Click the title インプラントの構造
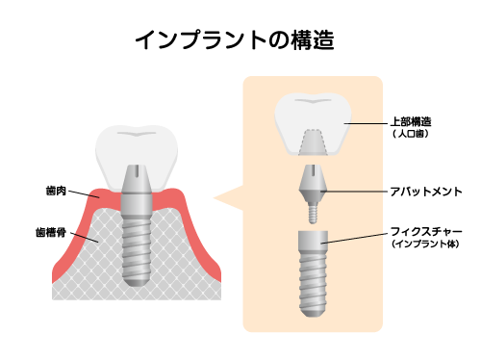240,39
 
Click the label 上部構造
411,122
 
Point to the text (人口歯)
410,135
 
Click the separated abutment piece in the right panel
312,189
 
